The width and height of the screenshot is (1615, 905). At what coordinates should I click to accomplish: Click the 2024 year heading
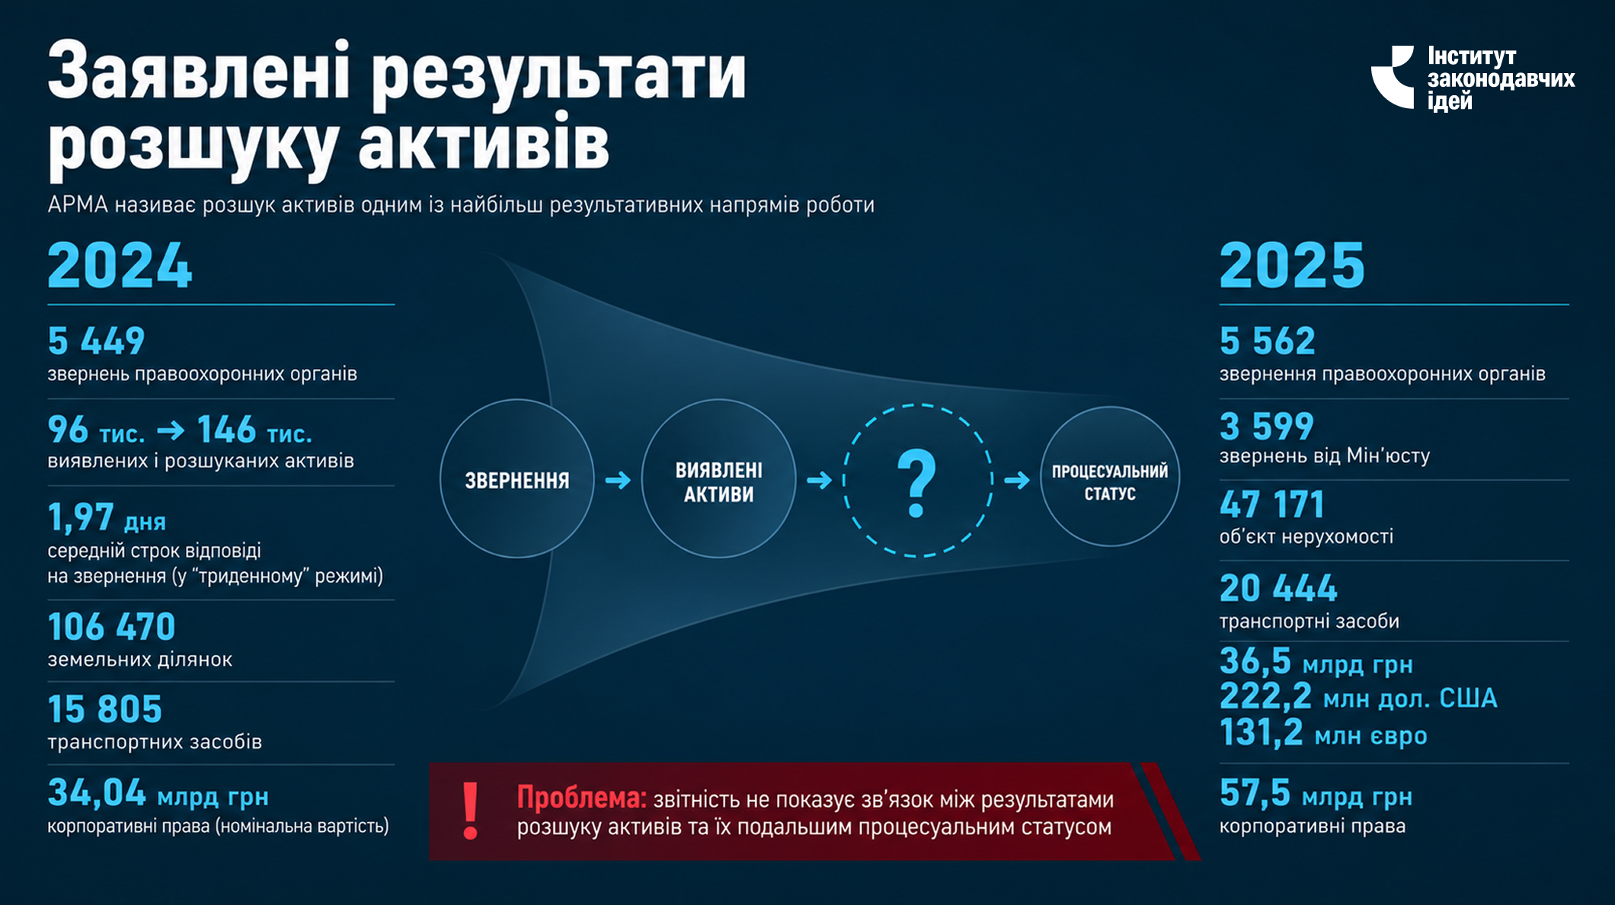coord(120,266)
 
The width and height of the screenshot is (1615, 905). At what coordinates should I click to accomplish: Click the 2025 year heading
coord(1292,266)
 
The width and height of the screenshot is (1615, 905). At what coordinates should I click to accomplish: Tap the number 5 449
coord(96,341)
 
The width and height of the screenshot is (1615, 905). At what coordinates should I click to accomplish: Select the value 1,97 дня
coord(107,517)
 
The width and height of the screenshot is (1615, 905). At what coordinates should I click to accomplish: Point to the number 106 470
coord(111,627)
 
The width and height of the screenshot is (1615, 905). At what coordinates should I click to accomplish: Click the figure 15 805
coord(105,709)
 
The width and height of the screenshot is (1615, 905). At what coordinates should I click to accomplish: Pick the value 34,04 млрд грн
coord(158,793)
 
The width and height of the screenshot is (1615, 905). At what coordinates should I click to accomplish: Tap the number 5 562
coord(1268,341)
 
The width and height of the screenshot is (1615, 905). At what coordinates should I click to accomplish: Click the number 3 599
coord(1267,426)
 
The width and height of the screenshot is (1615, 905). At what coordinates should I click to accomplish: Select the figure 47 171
coord(1271,504)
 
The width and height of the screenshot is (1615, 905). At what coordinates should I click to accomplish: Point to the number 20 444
coord(1278,588)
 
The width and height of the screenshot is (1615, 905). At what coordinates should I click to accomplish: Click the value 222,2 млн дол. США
coord(1358,697)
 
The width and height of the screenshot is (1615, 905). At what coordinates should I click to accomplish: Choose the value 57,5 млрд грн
coord(1316,793)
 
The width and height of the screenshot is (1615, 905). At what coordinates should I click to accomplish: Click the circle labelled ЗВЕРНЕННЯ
coord(517,479)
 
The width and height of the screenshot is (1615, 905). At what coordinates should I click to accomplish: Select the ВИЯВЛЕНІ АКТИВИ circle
coord(718,479)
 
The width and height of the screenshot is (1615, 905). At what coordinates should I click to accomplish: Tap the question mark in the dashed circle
coord(916,484)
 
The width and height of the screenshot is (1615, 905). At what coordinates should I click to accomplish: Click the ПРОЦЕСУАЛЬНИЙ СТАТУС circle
coord(1110,476)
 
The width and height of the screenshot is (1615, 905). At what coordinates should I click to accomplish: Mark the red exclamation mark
coord(471,811)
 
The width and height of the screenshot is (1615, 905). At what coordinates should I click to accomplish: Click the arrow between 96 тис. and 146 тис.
coord(171,431)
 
